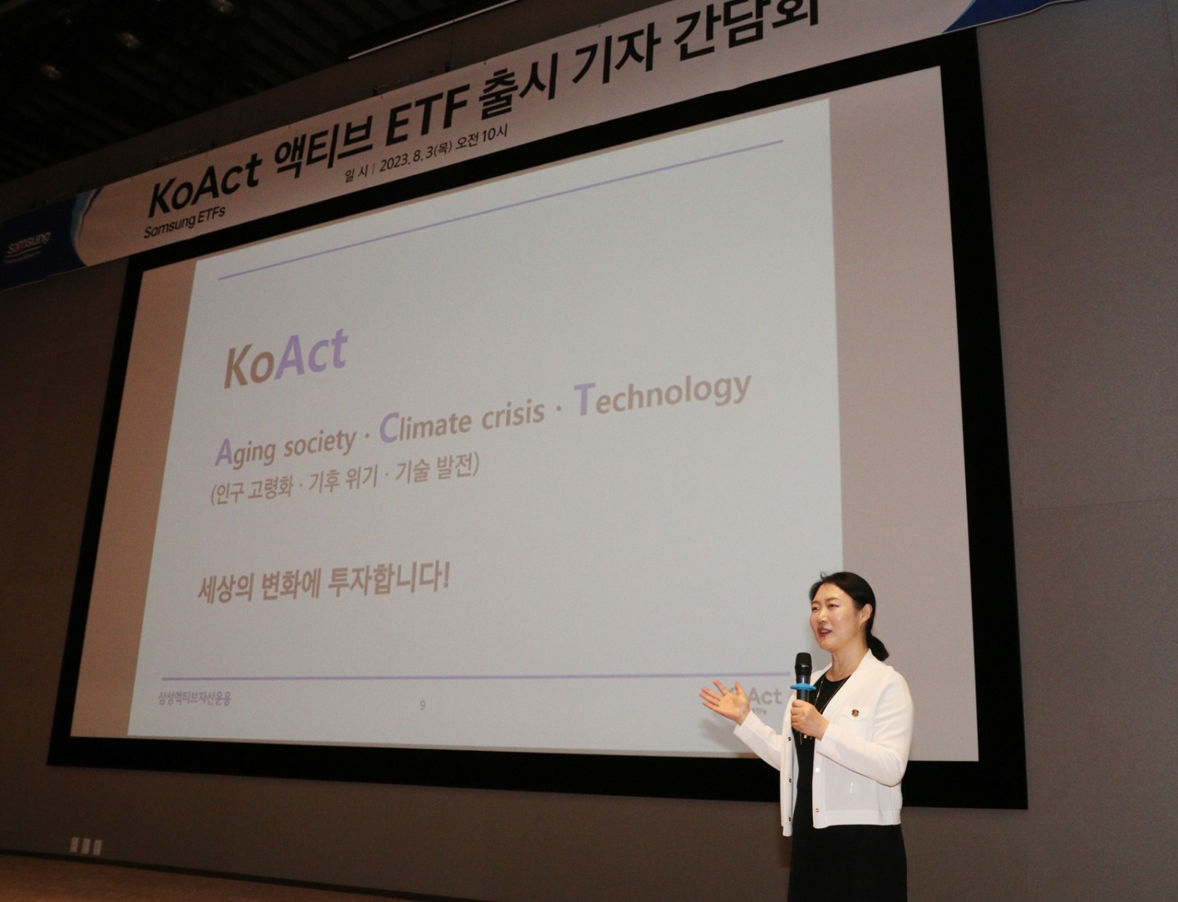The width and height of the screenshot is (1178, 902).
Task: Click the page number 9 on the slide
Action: click(423, 705)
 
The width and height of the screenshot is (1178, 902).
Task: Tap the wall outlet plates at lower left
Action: click(85, 846)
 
